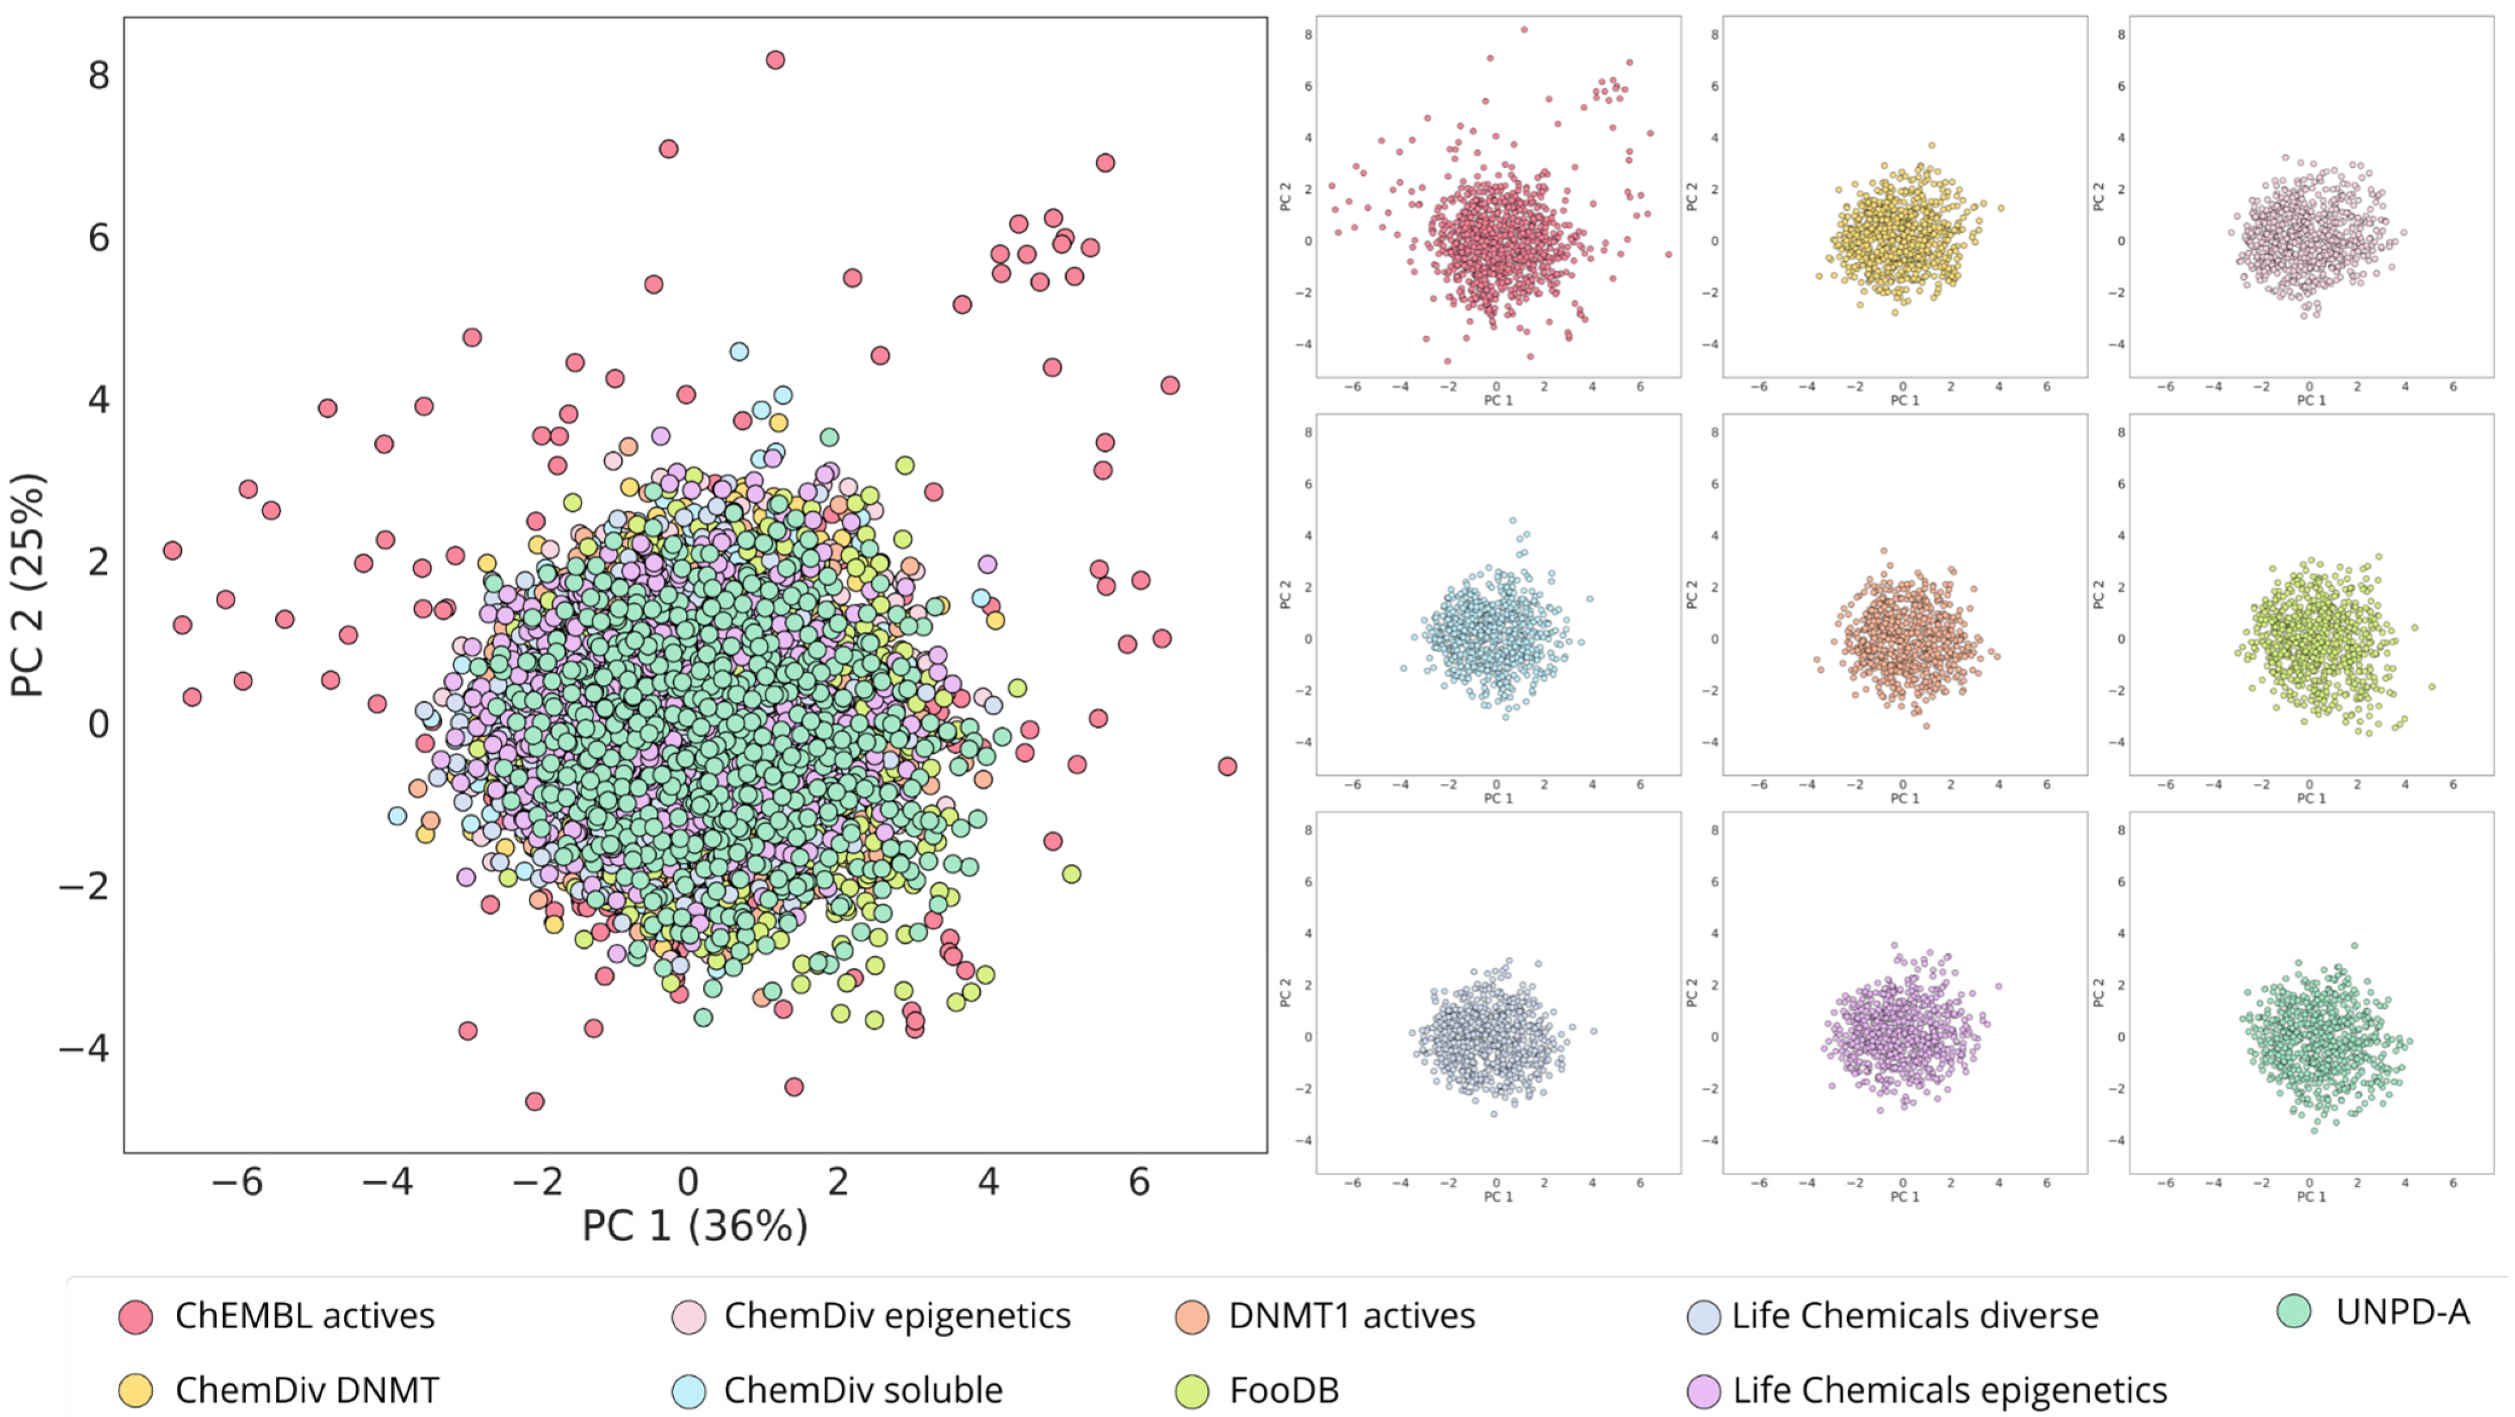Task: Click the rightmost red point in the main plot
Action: point(1227,767)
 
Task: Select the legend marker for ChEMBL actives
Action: point(136,1317)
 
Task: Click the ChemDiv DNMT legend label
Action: point(306,1390)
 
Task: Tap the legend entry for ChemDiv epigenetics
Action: point(896,1315)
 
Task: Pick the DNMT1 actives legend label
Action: point(1351,1315)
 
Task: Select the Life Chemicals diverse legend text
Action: point(1915,1315)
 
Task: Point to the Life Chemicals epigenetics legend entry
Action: point(1949,1390)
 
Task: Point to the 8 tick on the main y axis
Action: point(99,75)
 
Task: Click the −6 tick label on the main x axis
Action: point(238,1182)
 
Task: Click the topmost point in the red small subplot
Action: point(1524,29)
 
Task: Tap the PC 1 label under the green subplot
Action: point(2310,1196)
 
